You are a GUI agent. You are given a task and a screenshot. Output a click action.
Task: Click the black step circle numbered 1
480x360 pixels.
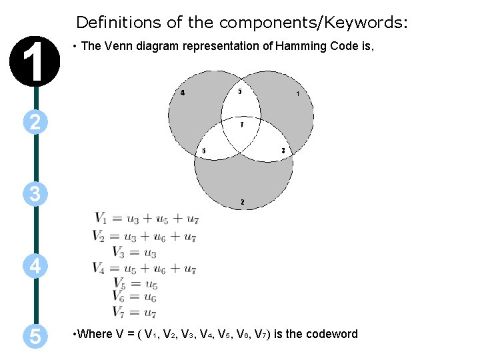pos(36,57)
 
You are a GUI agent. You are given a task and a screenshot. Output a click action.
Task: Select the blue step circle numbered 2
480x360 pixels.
pos(36,121)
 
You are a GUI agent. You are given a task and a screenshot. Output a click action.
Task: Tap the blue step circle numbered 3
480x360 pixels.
pos(36,194)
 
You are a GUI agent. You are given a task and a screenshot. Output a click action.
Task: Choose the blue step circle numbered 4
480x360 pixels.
pos(36,267)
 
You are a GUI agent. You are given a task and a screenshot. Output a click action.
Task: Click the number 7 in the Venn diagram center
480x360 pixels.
pos(241,125)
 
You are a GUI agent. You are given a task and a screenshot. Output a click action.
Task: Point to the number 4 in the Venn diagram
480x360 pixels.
pos(183,93)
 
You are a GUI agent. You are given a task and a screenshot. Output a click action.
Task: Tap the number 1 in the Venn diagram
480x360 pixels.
pos(297,94)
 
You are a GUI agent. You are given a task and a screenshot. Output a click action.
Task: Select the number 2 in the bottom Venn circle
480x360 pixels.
pos(242,202)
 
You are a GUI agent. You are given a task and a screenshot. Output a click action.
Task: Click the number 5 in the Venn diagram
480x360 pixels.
pos(240,92)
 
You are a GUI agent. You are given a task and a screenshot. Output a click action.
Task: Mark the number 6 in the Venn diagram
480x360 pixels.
pos(203,151)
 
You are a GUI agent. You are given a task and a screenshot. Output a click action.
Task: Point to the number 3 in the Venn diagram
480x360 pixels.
pos(283,151)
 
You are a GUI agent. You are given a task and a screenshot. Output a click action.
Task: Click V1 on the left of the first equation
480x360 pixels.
pos(101,218)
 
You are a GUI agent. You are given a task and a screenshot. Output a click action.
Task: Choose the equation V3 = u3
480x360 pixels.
pos(135,252)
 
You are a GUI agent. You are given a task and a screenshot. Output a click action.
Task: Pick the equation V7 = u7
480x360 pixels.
pos(135,312)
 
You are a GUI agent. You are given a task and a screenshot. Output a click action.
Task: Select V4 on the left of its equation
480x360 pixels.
pos(99,269)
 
